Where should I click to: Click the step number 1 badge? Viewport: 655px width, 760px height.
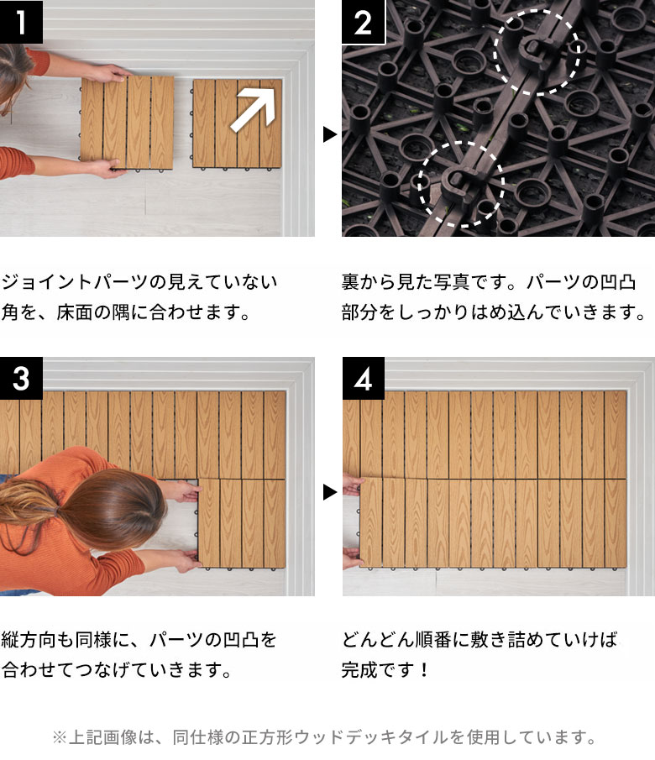(21, 22)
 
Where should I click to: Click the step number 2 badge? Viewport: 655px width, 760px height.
(363, 22)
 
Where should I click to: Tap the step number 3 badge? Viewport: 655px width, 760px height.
(21, 379)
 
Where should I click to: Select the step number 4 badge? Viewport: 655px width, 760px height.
(363, 379)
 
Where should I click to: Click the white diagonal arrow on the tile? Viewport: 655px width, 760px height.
(254, 107)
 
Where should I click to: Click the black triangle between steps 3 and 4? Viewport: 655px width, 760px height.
(329, 492)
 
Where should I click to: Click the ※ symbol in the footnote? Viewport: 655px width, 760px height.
(59, 738)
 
